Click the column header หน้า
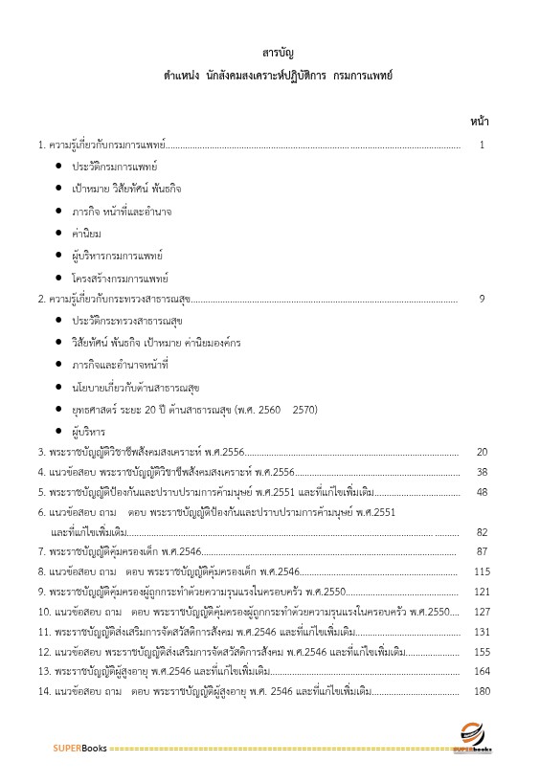pos(481,123)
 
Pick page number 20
pos(483,452)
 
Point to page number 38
pos(483,472)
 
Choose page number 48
pos(483,492)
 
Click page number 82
pos(483,532)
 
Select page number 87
pos(483,551)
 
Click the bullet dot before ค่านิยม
pos(59,234)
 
